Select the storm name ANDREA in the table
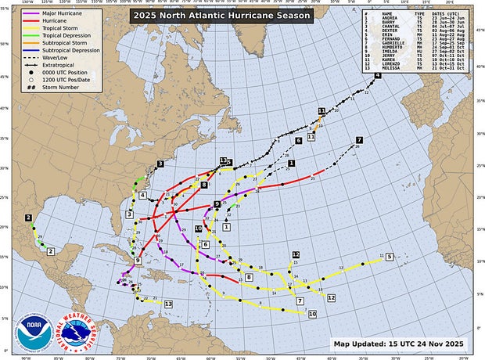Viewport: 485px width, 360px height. [x=390, y=18]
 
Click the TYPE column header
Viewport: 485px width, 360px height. [x=419, y=13]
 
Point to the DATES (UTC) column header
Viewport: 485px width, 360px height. [x=447, y=13]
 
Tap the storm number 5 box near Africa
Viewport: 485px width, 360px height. [x=389, y=257]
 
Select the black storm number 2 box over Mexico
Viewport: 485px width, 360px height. [x=28, y=218]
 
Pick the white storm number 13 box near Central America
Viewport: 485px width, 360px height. [x=168, y=303]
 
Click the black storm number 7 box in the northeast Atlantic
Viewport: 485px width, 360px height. [x=359, y=140]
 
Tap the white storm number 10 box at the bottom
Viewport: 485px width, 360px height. [x=312, y=314]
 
